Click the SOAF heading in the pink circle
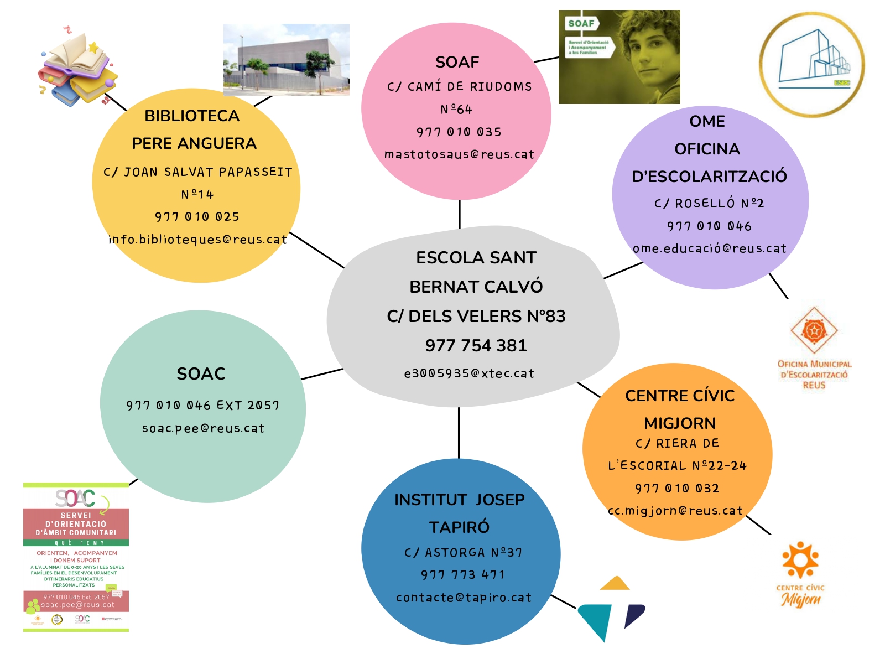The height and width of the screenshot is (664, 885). tap(457, 62)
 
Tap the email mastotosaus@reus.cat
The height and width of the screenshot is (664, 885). tap(459, 154)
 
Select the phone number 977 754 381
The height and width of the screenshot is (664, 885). tap(476, 345)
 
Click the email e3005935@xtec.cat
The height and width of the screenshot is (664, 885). tap(469, 373)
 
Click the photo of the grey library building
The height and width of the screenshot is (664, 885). tap(286, 60)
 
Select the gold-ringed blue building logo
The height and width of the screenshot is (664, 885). tap(811, 64)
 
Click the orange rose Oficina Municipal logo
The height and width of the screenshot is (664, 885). tap(814, 331)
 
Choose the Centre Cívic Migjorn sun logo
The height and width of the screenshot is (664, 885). tap(800, 560)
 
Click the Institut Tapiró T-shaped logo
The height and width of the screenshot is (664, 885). tap(611, 609)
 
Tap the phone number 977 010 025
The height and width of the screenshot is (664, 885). tap(197, 217)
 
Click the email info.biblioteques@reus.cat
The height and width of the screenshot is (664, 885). tap(197, 240)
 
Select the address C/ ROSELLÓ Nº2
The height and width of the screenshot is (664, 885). tap(709, 204)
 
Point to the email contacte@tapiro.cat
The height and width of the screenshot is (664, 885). tap(464, 598)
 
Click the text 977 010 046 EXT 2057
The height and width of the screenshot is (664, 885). tap(202, 406)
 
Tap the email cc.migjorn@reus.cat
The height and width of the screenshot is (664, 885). tap(675, 511)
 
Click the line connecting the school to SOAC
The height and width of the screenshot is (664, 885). tap(322, 374)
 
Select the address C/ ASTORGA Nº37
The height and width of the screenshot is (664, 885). tap(463, 553)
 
